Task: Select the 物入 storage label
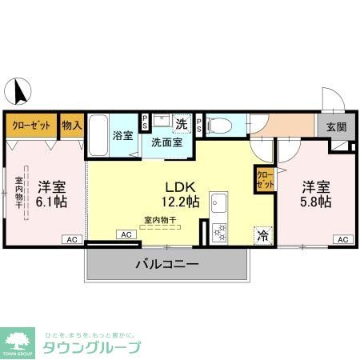pos(73,125)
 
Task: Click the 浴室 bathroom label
pos(122,135)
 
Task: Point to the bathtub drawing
pos(98,137)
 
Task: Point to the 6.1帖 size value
pos(51,202)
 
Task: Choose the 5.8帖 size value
pos(314,202)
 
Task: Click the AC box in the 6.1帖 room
pos(70,239)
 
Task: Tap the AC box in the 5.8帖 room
pos(342,239)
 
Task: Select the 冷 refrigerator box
pos(262,235)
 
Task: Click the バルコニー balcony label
pos(166,263)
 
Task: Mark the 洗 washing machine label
pos(182,124)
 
